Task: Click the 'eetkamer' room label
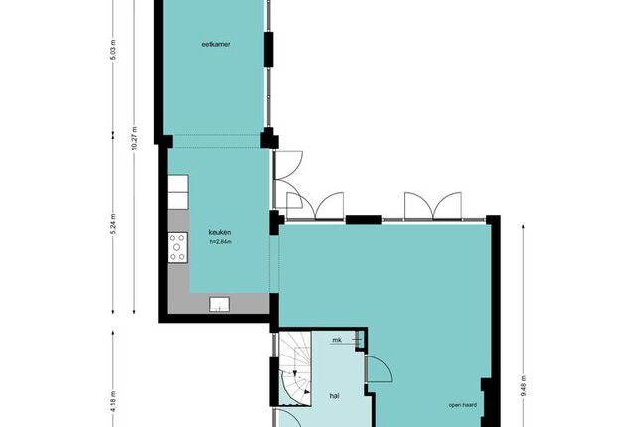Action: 216,44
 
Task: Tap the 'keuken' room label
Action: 220,232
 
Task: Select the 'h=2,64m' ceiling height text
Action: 221,242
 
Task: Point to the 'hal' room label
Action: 334,396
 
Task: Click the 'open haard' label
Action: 463,405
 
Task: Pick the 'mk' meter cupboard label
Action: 337,340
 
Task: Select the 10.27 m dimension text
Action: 135,139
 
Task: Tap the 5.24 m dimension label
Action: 113,224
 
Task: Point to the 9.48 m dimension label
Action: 524,386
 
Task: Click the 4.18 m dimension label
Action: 113,402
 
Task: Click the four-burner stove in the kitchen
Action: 178,247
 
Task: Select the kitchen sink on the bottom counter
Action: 219,304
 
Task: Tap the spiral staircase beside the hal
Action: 295,368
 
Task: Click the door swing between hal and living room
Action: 379,368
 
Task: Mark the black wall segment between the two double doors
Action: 363,220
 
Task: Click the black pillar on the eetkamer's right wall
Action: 269,49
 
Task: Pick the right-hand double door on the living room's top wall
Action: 433,206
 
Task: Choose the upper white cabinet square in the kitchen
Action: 178,183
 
